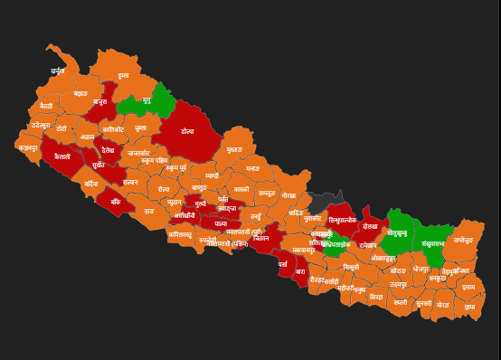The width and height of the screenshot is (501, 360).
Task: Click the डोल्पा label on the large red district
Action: pos(187,132)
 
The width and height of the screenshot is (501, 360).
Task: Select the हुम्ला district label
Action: pos(123,75)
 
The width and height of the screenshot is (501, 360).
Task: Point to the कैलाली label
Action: pos(62,156)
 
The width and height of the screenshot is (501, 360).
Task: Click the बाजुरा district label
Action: pos(99,102)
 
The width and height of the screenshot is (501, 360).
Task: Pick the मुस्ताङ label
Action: pos(234,149)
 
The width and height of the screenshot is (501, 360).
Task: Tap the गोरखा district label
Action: pos(288,195)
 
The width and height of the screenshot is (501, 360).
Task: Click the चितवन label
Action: pos(261,238)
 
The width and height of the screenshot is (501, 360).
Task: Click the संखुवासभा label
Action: pos(432,242)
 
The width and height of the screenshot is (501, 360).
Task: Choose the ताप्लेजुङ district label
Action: pos(462,240)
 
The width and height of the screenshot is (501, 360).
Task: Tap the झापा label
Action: pos(469,307)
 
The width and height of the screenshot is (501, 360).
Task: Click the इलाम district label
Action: pos(468,287)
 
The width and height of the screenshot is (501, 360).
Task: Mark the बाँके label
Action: pos(116,202)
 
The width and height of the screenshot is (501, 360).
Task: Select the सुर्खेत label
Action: pos(99,166)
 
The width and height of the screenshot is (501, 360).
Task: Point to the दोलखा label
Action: pos(370,226)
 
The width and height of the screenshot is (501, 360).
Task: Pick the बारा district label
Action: pos(300,271)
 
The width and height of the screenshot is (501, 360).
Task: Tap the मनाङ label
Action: pos(252,168)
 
